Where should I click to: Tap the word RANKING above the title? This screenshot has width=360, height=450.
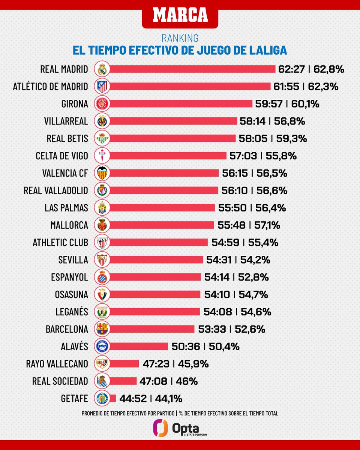(x=180, y=38)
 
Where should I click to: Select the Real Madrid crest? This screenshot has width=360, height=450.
(x=102, y=69)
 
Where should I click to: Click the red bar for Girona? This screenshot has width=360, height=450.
(x=181, y=104)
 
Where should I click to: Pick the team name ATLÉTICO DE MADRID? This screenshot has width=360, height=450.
(x=50, y=87)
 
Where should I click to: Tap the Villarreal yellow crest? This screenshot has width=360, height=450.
(x=102, y=121)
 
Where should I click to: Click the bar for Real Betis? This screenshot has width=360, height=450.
(x=172, y=138)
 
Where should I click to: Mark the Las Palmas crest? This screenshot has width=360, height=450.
(x=102, y=208)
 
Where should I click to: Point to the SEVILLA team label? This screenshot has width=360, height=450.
(x=73, y=259)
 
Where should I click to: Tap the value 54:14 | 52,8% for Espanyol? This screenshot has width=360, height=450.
(x=237, y=277)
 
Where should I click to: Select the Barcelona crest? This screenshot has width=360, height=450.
(x=102, y=329)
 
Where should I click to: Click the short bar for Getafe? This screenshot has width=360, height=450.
(x=112, y=398)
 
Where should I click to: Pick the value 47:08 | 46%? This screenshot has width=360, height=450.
(x=168, y=381)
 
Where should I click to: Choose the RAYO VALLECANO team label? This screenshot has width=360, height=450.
(x=57, y=364)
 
